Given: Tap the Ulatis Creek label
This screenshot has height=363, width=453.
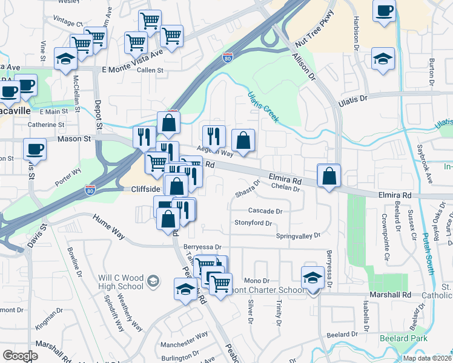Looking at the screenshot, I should [263, 106].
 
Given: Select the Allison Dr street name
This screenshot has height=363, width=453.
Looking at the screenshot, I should [304, 67].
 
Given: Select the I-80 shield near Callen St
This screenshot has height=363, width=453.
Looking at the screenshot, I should [227, 58].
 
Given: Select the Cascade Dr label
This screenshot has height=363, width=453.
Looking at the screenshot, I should [265, 211].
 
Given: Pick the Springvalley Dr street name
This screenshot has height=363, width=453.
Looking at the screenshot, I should [297, 235].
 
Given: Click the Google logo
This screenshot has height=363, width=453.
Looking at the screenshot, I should [20, 355].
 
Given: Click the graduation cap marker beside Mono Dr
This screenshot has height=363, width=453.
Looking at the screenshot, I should [312, 276].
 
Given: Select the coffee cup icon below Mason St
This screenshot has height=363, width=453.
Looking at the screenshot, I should [35, 148].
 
